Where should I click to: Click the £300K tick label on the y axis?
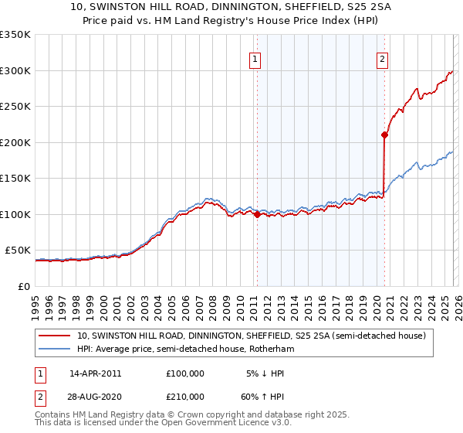(x=15, y=70)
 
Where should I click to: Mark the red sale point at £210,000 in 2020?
(x=384, y=135)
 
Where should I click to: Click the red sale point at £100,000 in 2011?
(x=256, y=215)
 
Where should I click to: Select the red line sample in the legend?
(x=55, y=336)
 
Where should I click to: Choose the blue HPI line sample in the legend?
(x=55, y=349)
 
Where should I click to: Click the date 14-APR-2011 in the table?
(x=95, y=373)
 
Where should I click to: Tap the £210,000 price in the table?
(x=185, y=397)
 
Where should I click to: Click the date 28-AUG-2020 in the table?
(x=95, y=397)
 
